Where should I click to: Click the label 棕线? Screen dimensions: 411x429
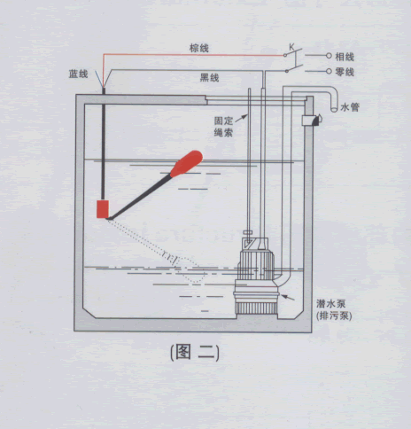[199, 48]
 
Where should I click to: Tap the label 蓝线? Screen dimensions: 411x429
[78, 74]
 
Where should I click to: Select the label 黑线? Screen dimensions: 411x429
[209, 78]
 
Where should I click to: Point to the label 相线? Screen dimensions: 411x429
[345, 57]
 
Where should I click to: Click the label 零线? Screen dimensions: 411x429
[345, 72]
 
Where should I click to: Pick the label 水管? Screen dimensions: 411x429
[350, 106]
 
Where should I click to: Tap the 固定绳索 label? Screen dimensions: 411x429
[223, 127]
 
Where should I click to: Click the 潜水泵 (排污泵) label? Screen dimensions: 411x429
[334, 309]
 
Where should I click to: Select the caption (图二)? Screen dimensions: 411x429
[195, 353]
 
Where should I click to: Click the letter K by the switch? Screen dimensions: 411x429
[291, 47]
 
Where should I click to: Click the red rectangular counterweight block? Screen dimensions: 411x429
[103, 209]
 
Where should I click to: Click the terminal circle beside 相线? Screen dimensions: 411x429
[329, 56]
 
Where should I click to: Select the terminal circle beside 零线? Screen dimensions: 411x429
[329, 71]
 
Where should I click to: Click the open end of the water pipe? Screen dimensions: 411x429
[334, 110]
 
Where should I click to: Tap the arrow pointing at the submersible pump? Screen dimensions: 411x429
[288, 297]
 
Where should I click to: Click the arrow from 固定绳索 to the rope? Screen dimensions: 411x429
[241, 118]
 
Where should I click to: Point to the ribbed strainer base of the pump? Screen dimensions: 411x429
[256, 308]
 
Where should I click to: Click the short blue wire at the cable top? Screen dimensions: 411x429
[99, 79]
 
